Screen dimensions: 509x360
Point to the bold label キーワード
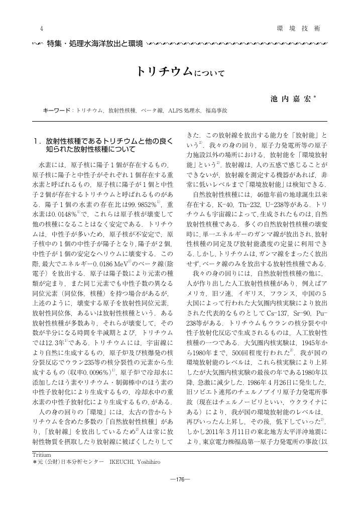coord(57,110)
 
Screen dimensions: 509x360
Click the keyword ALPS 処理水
coord(184,110)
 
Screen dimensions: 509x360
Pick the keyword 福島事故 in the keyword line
coord(216,110)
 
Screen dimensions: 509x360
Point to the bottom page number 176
coord(180,478)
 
